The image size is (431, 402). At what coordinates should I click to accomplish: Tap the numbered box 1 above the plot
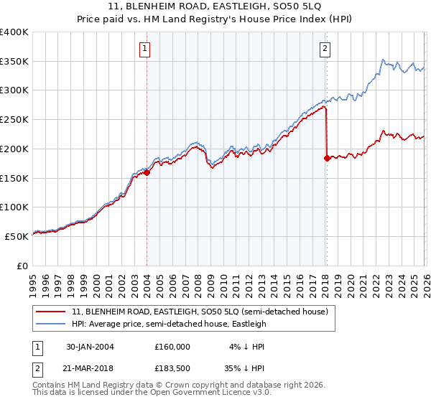click(145, 49)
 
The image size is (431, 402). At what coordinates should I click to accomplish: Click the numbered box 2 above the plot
click(325, 49)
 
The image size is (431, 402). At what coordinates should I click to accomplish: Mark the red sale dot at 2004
click(147, 172)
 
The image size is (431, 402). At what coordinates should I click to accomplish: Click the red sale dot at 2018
click(327, 158)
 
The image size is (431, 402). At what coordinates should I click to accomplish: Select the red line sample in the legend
click(50, 312)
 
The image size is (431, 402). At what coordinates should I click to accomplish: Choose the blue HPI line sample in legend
click(50, 324)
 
